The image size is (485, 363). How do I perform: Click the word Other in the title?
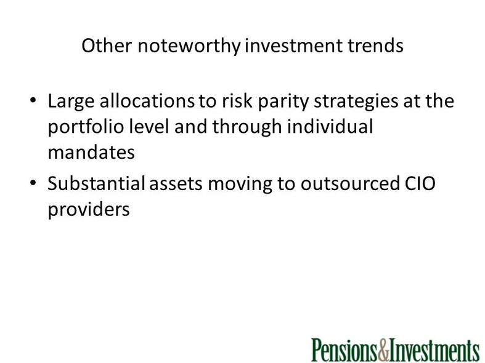point(107,46)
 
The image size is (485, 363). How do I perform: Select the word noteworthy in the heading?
point(189,46)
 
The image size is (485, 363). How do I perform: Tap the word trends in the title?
point(375,46)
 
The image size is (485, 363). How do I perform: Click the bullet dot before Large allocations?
point(33,100)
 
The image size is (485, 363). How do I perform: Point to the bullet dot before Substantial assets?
point(33,183)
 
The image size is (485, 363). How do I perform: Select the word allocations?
point(147,101)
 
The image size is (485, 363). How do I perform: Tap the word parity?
point(283,102)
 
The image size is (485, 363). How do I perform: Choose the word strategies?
point(356,102)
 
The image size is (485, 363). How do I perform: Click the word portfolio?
point(86,127)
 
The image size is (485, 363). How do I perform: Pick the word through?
point(247,127)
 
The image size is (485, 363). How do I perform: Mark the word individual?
point(330,126)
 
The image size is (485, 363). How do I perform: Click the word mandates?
point(91,152)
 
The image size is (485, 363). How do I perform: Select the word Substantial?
point(96,183)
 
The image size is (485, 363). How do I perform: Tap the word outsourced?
point(350,183)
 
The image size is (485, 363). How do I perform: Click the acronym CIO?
point(420,183)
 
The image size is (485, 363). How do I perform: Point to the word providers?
point(89,210)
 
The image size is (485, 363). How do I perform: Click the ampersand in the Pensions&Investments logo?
point(383,349)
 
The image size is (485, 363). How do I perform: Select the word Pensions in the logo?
point(344,349)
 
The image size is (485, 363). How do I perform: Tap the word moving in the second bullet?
point(240,185)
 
